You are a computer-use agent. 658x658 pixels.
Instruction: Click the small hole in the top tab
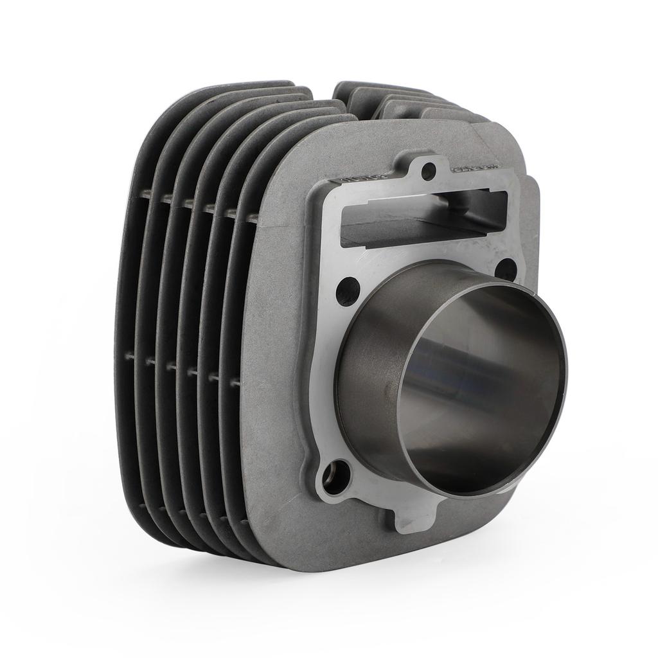pyautogui.click(x=430, y=170)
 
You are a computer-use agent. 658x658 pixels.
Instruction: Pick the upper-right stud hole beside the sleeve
pyautogui.click(x=507, y=269)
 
